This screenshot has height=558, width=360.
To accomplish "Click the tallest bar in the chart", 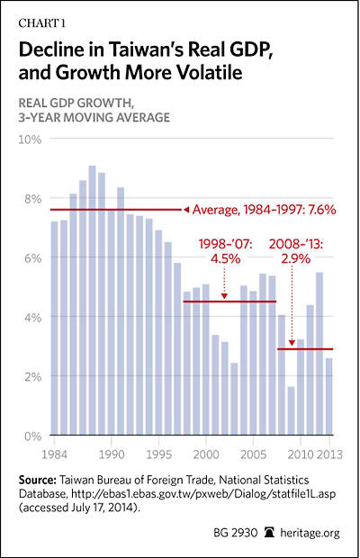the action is coord(92,300).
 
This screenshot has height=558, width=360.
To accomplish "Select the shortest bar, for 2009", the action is coord(291,410).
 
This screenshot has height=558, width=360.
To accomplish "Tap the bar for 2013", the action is coord(329,396).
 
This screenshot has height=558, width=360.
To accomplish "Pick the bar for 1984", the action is coord(54,328).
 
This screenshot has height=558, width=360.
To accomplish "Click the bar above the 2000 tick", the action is coord(205,359).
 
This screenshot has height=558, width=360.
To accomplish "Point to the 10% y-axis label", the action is coord(30,139).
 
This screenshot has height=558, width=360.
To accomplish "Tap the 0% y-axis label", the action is coord(32,436).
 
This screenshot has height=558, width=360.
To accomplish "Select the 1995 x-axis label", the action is coord(159,454).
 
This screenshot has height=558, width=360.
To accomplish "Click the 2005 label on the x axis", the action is coord(253,454).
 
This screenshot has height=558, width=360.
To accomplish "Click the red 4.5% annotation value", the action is coord(226,258).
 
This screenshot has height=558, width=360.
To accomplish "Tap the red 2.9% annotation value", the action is coord(295,258).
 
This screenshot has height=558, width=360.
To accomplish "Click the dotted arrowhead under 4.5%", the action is coord(224,295).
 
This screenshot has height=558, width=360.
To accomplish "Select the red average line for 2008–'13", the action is coord(305,349).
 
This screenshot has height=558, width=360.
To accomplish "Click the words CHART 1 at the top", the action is coord(42,23).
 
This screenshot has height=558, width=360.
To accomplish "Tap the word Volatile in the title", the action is coord(210,73).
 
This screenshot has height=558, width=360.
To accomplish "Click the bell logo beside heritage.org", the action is coord(270,533).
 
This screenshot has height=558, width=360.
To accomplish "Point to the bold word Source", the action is coord(38,480).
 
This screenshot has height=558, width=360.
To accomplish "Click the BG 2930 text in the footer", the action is coord(235,533).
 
